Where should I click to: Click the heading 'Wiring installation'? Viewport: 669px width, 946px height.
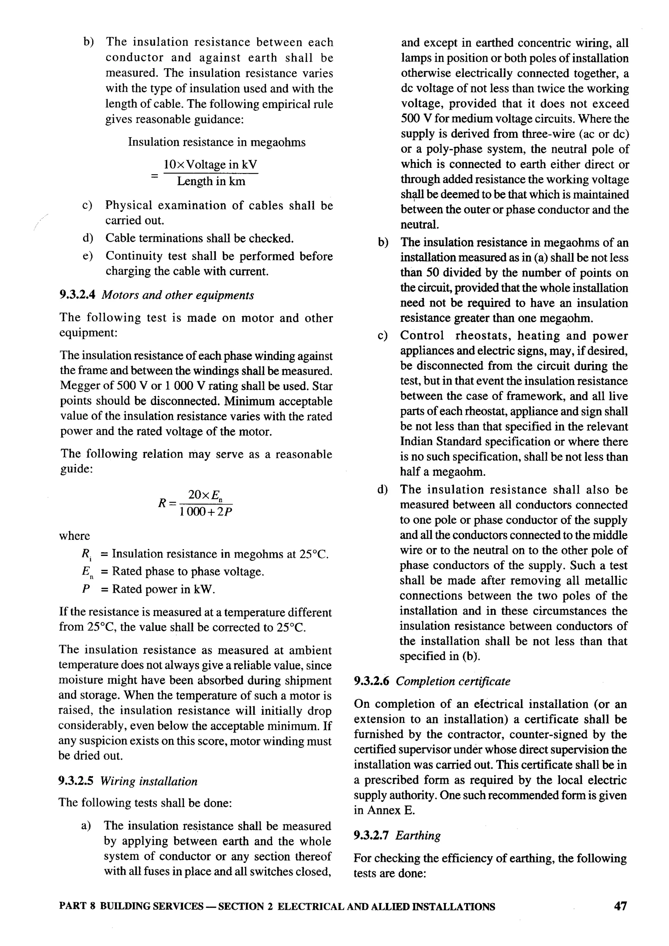click(x=149, y=781)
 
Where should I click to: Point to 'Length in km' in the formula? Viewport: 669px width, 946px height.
click(x=211, y=181)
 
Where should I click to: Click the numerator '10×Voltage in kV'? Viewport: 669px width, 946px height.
click(x=210, y=165)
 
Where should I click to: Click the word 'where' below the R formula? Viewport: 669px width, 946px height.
click(x=74, y=536)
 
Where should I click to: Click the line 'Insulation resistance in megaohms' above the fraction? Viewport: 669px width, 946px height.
click(x=217, y=142)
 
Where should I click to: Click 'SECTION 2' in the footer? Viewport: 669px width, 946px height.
click(x=246, y=907)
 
